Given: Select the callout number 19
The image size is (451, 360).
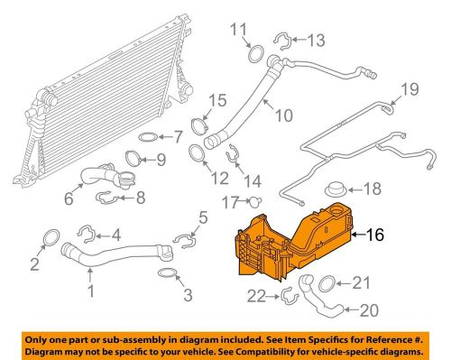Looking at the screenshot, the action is [x=410, y=88].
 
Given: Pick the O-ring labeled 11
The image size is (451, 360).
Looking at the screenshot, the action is [x=254, y=51].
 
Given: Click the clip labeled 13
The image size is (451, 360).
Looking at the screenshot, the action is [x=281, y=39].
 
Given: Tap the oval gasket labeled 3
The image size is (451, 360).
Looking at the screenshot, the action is [x=167, y=272].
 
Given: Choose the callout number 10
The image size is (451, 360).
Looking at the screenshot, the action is [x=284, y=115].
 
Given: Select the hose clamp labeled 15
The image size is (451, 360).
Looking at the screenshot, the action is [x=199, y=125].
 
